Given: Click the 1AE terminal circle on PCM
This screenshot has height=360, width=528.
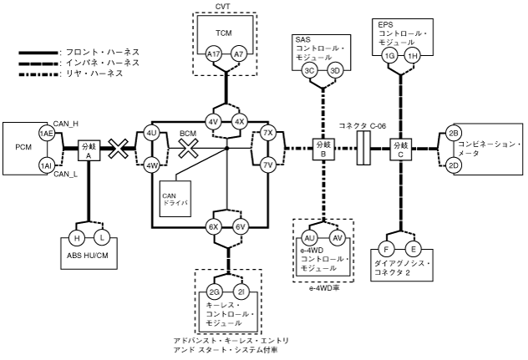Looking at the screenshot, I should tap(47, 134).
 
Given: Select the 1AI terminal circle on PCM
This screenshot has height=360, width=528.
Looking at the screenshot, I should tap(47, 166).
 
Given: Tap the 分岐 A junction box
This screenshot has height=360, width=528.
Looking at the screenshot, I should tap(88, 150).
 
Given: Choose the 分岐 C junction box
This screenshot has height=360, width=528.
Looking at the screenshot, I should tap(401, 150).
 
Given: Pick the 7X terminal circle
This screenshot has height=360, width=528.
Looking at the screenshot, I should tap(268, 134).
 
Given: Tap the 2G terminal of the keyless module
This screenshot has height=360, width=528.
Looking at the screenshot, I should tap(216, 292).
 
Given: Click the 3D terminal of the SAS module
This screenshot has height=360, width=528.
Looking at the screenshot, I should tap(335, 70).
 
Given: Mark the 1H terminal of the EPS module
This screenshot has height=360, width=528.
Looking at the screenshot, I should tap(414, 55).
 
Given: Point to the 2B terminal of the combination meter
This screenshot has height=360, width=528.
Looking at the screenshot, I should tap(454, 134).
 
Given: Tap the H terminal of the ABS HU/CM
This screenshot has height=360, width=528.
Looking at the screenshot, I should tap(76, 237).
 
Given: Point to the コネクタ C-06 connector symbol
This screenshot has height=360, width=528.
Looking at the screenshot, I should tap(362, 150).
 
